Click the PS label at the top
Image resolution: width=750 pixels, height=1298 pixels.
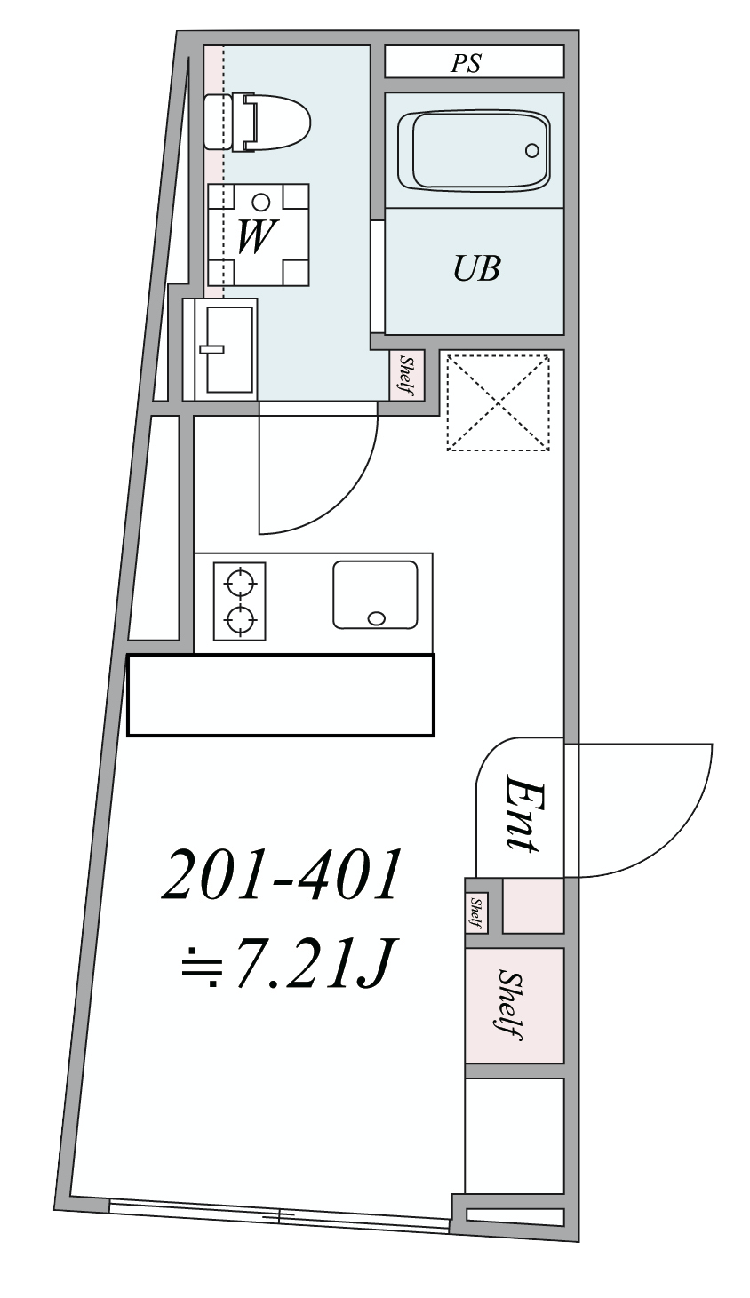(x=466, y=62)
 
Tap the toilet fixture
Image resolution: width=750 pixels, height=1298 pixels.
(x=258, y=123)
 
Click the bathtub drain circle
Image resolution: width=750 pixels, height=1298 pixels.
(x=531, y=151)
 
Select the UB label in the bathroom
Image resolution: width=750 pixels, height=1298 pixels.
(x=476, y=268)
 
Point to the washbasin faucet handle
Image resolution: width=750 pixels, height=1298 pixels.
(x=211, y=349)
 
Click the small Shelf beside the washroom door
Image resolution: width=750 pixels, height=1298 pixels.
(x=407, y=375)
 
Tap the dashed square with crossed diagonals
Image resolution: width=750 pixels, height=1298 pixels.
(x=498, y=402)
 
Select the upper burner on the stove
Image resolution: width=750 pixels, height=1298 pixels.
(x=240, y=583)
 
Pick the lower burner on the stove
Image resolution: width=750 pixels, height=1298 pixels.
(x=240, y=620)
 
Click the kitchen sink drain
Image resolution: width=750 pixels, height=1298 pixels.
(x=376, y=618)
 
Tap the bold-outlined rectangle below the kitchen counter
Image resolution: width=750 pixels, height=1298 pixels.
(x=281, y=695)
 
